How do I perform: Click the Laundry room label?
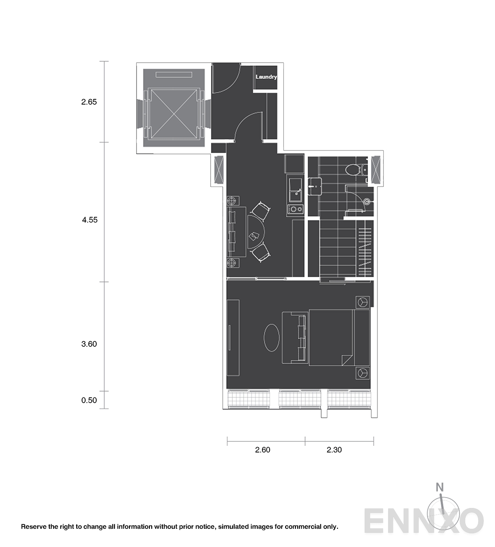coord(266,77)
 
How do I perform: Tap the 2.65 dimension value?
coord(89,102)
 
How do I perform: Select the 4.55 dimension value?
coord(90,220)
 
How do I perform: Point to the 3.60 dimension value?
coord(89,344)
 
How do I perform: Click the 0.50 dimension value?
coord(89,400)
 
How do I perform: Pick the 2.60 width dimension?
coord(263,450)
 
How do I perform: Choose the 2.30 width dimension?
coord(334,450)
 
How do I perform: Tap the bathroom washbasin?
coord(315,186)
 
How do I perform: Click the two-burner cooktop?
coord(295,209)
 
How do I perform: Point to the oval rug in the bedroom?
coord(271,337)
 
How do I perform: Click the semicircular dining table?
coord(256,232)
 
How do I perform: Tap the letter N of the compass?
coord(440,487)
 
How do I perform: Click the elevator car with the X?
coord(174,114)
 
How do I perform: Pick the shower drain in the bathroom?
coord(367,202)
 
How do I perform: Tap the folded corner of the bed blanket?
coord(347,360)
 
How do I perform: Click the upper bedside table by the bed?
coord(362,302)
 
